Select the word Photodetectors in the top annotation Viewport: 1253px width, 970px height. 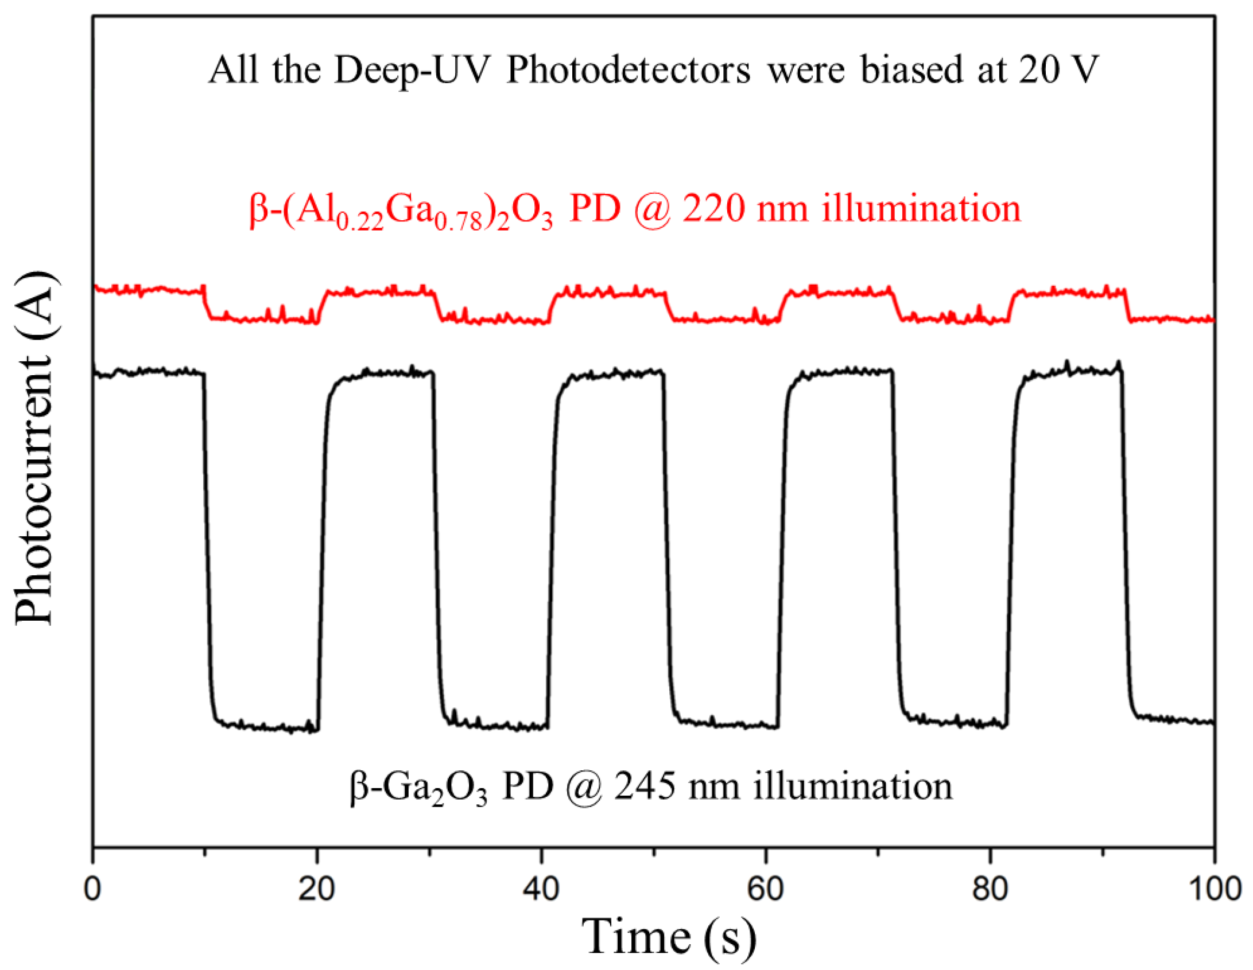628,70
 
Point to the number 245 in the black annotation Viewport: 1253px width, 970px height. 645,786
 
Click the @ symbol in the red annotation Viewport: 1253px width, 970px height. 653,209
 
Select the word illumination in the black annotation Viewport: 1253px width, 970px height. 854,786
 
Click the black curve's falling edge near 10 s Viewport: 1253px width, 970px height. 207,545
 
